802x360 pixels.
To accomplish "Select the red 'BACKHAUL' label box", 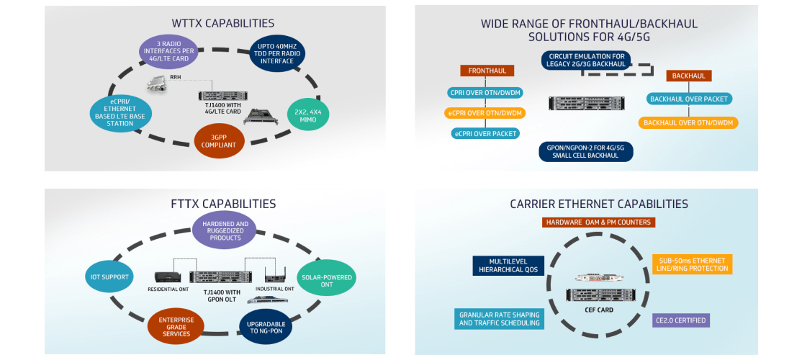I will click(x=689, y=76).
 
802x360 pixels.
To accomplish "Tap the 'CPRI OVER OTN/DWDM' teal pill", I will click(x=485, y=93).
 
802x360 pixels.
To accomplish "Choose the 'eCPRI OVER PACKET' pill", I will click(x=485, y=133).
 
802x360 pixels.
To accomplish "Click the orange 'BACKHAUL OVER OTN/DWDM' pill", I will click(x=688, y=123).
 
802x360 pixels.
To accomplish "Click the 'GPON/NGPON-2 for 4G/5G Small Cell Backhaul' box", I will click(x=585, y=151).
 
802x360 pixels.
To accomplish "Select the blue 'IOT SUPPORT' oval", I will click(x=109, y=276).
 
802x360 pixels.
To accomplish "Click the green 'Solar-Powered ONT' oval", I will click(x=325, y=277).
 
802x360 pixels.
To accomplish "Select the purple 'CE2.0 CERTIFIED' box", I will click(x=680, y=320).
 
